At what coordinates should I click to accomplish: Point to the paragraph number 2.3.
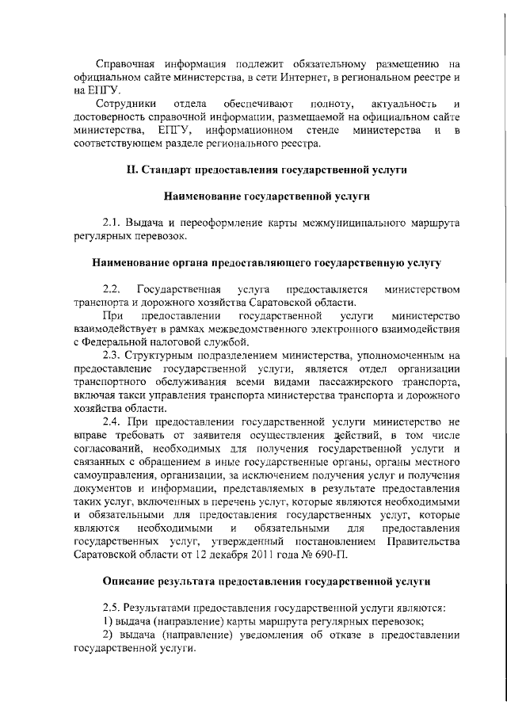click(112, 355)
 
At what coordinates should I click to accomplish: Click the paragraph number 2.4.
click(112, 422)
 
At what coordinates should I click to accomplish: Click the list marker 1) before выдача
click(110, 621)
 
